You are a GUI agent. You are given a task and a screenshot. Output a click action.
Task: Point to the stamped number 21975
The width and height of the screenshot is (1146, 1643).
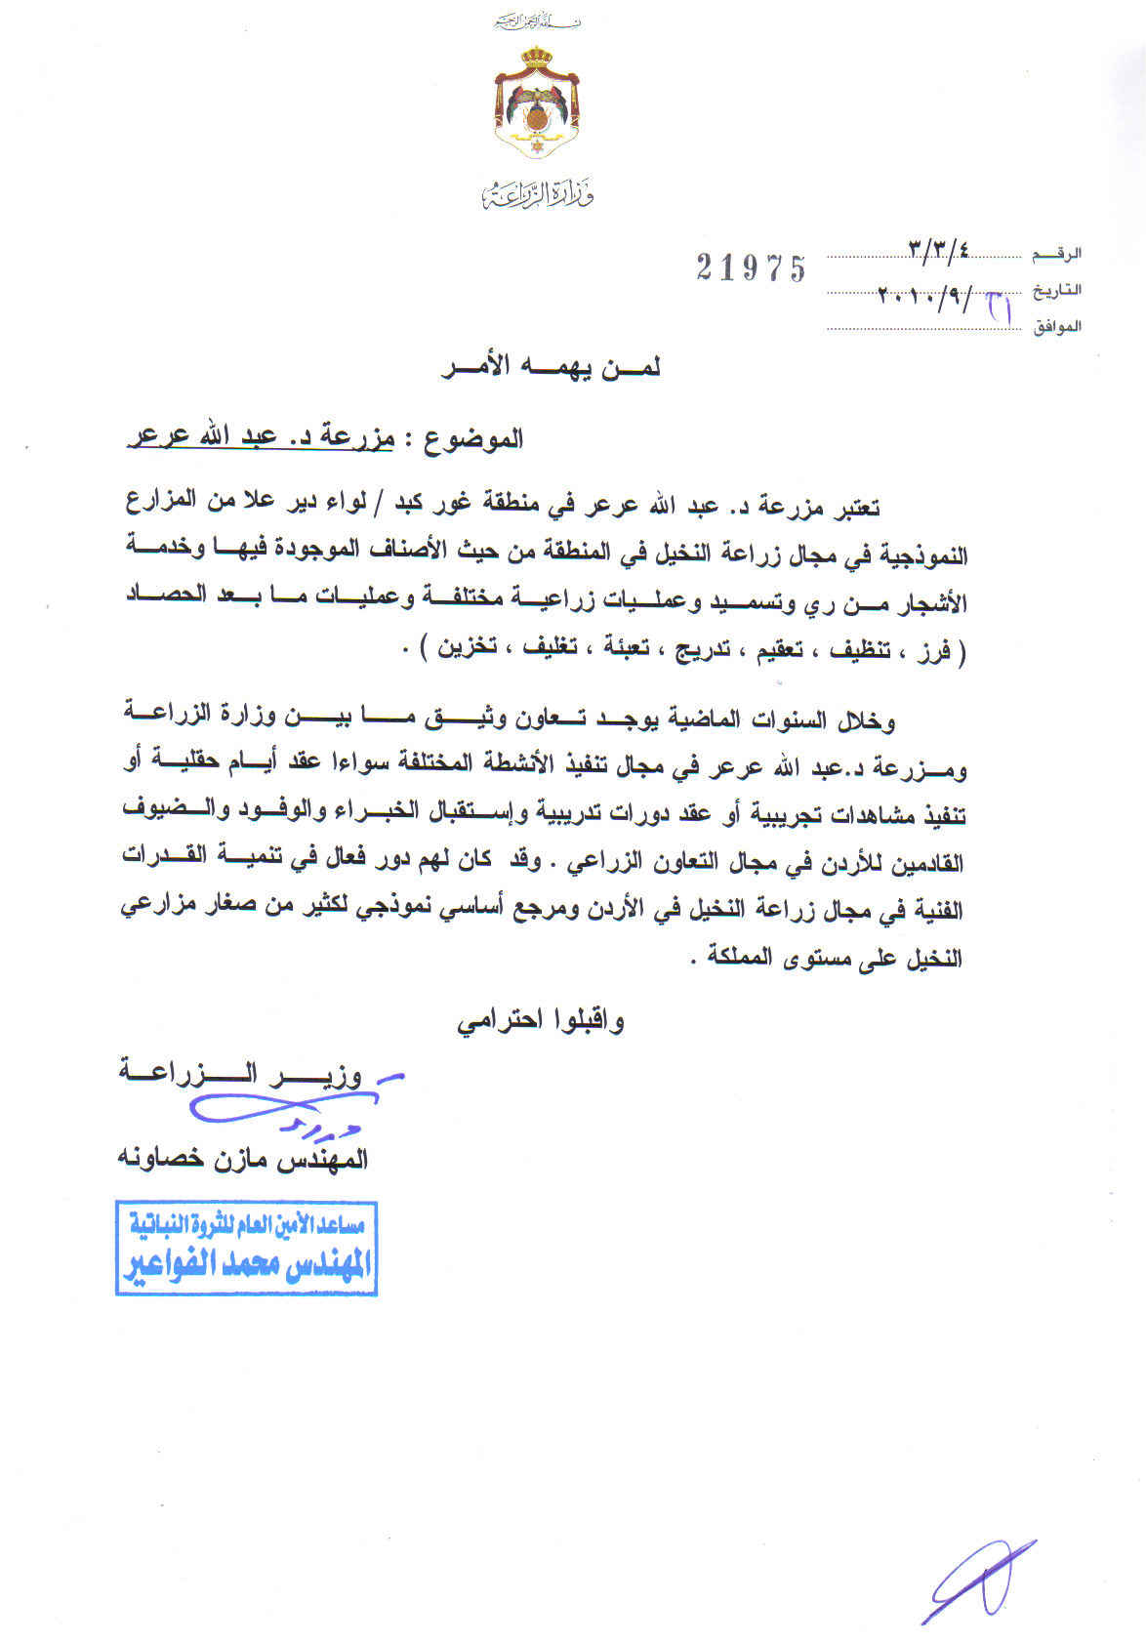[752, 267]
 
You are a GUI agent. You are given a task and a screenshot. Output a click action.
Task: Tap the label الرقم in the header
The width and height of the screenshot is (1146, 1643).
[1057, 254]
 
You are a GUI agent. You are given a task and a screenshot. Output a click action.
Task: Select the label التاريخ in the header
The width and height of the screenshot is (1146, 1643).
[1057, 290]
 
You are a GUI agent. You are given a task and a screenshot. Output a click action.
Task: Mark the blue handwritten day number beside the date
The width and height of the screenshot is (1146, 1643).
[999, 306]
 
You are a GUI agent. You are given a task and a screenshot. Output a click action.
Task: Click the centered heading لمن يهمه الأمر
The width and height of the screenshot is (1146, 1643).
[551, 368]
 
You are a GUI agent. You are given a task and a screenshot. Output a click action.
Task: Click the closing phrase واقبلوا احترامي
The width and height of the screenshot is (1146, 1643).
[540, 1021]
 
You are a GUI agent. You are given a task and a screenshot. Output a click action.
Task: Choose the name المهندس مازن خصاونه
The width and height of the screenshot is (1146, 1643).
[243, 1160]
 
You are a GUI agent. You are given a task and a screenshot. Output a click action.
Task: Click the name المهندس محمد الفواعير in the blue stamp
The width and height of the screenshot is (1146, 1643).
[247, 1264]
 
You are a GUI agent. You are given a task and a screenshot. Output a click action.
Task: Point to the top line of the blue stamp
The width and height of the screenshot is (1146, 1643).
[247, 1225]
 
